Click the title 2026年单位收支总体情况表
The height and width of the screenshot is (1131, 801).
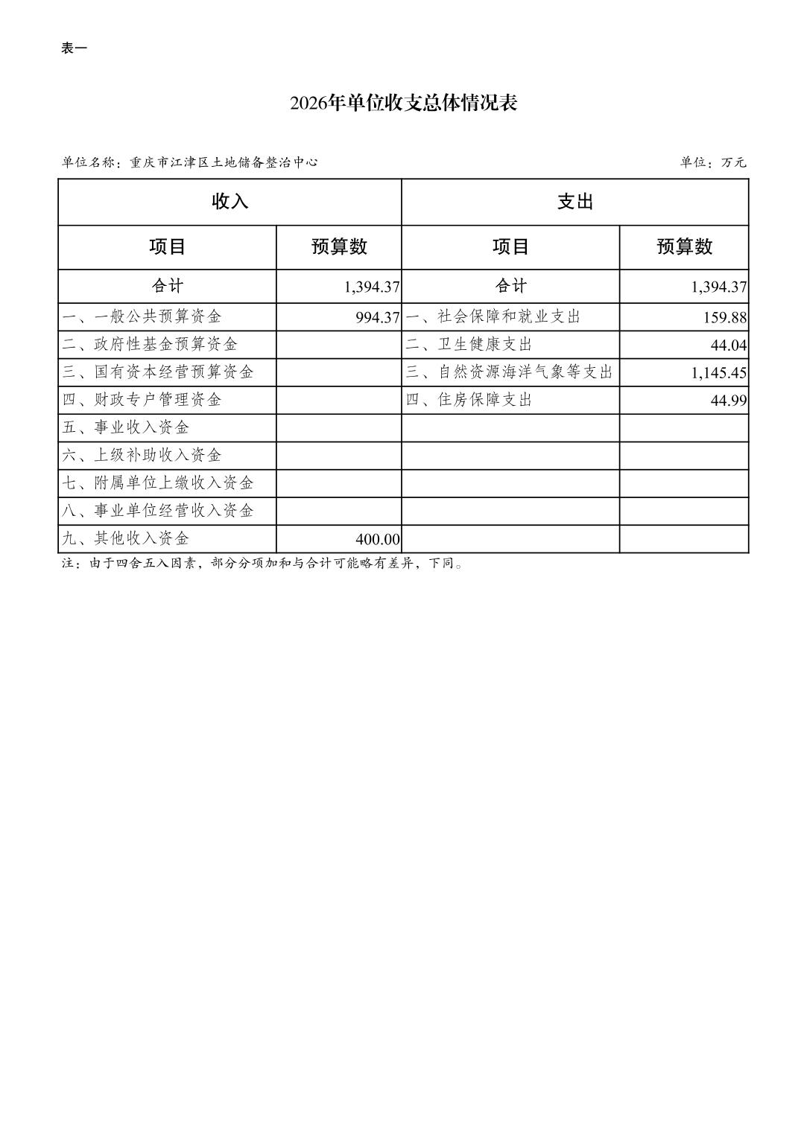tap(403, 103)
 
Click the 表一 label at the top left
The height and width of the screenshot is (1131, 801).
tap(74, 48)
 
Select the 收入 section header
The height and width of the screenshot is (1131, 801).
tap(229, 202)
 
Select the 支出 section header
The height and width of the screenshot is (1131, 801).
tap(574, 202)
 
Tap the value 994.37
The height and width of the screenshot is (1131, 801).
tap(378, 317)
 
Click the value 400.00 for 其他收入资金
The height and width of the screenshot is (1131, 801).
tap(378, 539)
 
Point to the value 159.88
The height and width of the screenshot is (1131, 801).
tap(724, 317)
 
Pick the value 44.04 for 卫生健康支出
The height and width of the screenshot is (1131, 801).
tap(729, 345)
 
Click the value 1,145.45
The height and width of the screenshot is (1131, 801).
tap(718, 372)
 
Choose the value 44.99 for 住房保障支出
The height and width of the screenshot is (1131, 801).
tap(729, 401)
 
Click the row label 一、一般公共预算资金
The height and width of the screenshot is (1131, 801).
tap(142, 316)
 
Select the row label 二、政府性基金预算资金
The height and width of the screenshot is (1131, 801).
tap(150, 344)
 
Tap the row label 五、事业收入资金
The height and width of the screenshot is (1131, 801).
tap(126, 427)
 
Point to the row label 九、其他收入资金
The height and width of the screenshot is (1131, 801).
tap(126, 538)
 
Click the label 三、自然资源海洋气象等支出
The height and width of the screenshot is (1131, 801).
tap(509, 372)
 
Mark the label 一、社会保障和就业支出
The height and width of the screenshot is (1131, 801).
tap(493, 316)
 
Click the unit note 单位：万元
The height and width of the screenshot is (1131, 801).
tap(712, 162)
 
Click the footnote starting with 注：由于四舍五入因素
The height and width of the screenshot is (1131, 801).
tap(262, 564)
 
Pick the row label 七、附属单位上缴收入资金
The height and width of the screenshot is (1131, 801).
tap(158, 482)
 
